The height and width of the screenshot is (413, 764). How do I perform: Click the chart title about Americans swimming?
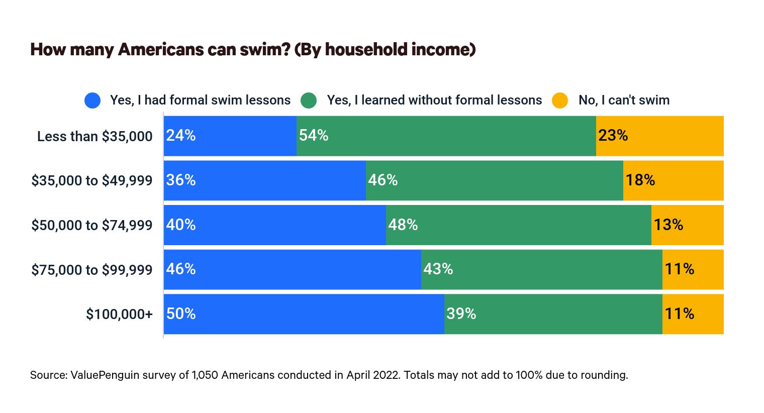coord(253,50)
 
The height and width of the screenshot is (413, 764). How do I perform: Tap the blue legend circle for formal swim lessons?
coord(92,100)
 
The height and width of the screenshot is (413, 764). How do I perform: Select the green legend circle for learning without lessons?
coord(309,100)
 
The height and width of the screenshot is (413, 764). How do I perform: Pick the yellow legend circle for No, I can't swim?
coord(560,100)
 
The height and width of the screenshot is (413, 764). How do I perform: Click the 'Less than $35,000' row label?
coord(94,136)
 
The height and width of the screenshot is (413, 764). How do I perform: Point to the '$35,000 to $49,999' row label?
coord(91,180)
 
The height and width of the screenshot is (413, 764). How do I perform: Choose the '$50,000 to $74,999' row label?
coord(91,225)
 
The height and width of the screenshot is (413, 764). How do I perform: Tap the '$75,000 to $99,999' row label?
coord(91,270)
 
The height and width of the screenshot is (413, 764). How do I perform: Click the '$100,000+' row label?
coord(119,314)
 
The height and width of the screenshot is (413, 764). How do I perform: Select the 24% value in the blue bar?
coord(181,136)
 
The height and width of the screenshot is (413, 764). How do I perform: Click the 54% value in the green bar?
coord(314,136)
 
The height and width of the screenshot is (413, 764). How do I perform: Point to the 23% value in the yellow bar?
coord(613,136)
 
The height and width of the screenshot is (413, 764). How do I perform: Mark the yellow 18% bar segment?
coord(674,180)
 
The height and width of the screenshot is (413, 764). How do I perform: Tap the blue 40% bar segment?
coord(275,225)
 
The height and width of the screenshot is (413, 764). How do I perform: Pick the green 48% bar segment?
coord(519,225)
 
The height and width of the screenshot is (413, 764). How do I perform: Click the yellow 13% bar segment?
coord(688,225)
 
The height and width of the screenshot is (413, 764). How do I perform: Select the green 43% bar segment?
coord(542,270)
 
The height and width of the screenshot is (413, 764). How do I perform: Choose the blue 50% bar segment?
coord(304,314)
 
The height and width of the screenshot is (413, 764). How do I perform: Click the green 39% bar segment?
coord(553,314)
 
